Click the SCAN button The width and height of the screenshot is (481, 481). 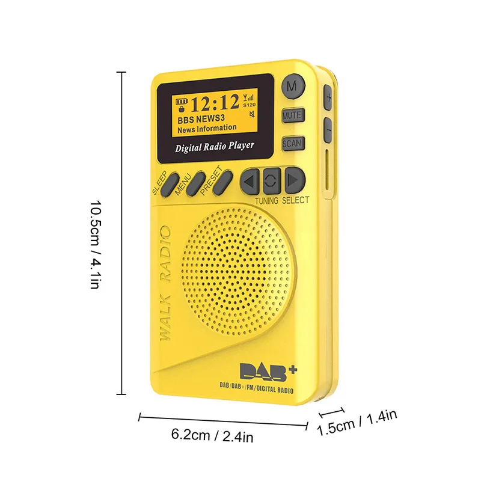click(x=293, y=144)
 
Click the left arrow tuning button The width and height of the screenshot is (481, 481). click(x=250, y=180)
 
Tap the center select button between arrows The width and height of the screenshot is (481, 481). click(x=272, y=180)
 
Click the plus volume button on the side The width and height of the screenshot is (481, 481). click(x=328, y=97)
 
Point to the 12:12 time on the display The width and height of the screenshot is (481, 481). click(x=215, y=103)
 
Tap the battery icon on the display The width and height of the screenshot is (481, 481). click(x=181, y=102)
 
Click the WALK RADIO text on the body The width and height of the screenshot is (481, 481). click(x=165, y=283)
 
